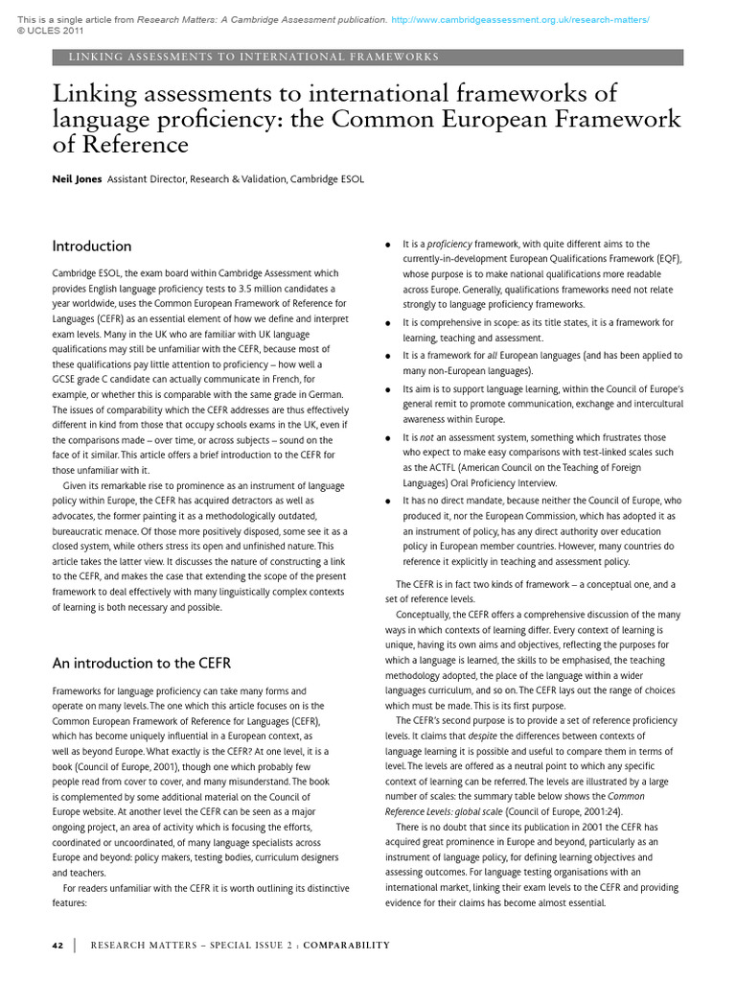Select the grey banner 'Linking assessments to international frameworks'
[368, 57]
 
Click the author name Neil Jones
[77, 178]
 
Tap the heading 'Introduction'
[92, 245]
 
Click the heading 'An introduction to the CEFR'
[141, 663]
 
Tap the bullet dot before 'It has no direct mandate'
[387, 501]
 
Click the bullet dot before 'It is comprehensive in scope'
[387, 323]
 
